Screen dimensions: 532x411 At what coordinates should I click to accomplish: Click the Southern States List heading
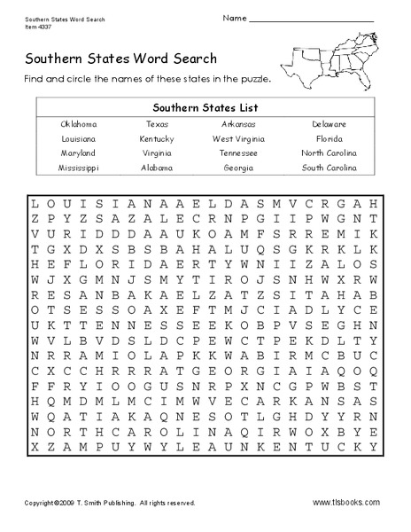pos(205,106)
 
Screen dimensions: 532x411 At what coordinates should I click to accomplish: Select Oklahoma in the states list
pos(79,125)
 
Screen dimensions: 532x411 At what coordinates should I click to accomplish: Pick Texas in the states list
pos(157,125)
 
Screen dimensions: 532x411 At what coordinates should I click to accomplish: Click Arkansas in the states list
pos(238,125)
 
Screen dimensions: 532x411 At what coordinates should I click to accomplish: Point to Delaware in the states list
pos(329,125)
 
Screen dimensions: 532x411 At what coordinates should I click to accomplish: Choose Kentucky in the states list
pos(157,139)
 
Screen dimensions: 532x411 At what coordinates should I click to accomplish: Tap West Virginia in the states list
pos(238,139)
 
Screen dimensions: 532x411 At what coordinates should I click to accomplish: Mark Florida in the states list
pos(329,139)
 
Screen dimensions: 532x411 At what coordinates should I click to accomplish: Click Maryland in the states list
pos(79,153)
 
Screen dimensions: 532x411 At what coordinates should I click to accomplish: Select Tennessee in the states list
pos(238,153)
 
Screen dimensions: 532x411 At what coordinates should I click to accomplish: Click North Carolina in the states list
pos(329,153)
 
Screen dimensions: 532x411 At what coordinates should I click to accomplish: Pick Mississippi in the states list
pos(79,167)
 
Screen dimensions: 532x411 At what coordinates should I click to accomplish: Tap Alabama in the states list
pos(157,167)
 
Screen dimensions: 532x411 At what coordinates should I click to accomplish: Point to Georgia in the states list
pos(238,167)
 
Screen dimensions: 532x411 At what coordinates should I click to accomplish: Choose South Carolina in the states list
pos(329,167)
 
